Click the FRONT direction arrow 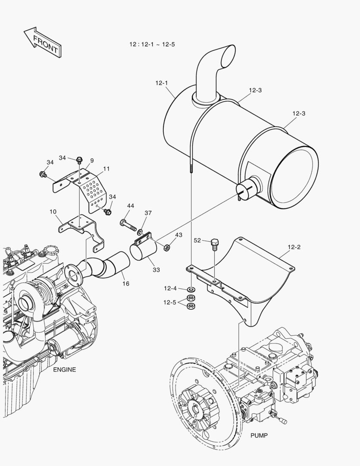click(x=42, y=42)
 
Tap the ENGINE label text click(x=64, y=370)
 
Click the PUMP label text click(x=259, y=436)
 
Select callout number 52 click(x=197, y=241)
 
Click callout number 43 click(x=178, y=235)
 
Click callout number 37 click(x=148, y=213)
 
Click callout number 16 click(x=125, y=283)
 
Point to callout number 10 click(x=53, y=212)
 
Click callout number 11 click(x=106, y=169)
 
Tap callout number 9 click(x=92, y=161)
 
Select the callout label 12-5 click(x=169, y=302)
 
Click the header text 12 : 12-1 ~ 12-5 click(x=152, y=44)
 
